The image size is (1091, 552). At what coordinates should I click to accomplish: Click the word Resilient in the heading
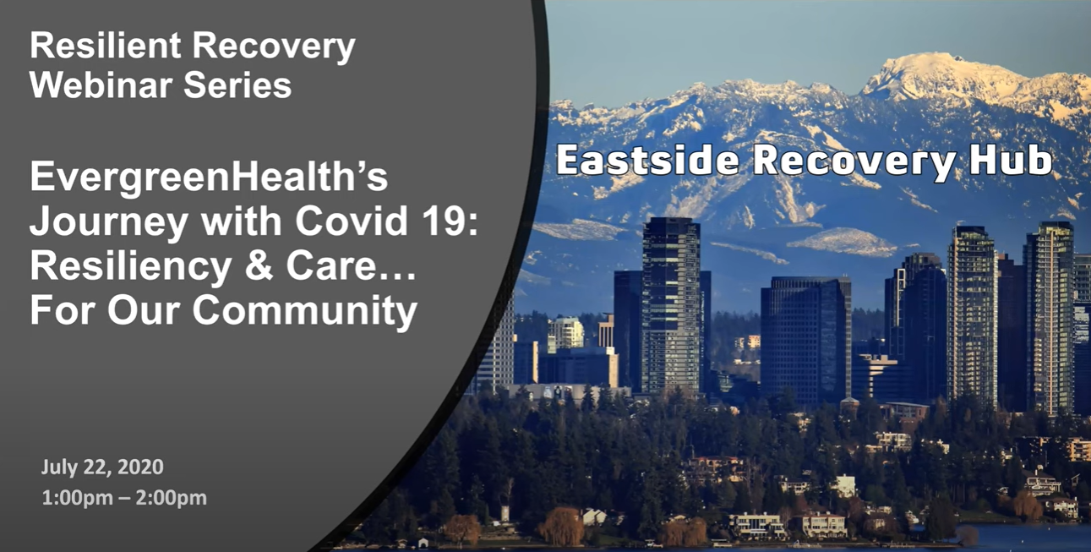pyautogui.click(x=105, y=46)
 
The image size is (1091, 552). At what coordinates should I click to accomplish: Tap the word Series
pyautogui.click(x=237, y=85)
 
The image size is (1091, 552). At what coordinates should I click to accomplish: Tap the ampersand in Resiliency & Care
pyautogui.click(x=258, y=265)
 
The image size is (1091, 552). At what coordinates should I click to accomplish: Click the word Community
pyautogui.click(x=305, y=311)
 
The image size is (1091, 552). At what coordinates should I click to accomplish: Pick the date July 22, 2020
pyautogui.click(x=102, y=467)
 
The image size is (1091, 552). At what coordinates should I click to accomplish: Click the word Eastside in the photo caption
pyautogui.click(x=648, y=160)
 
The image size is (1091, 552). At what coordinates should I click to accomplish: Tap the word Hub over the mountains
pyautogui.click(x=1011, y=160)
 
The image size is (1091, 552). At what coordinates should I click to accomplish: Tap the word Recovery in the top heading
pyautogui.click(x=274, y=46)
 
